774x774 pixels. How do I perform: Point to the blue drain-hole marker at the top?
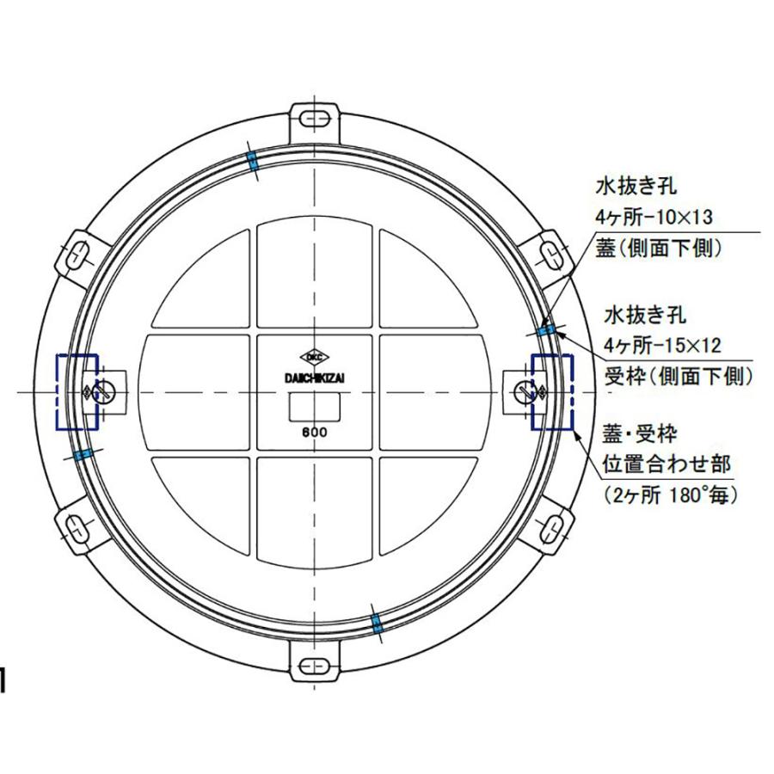pos(253,161)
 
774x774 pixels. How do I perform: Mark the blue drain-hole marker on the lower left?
pos(83,454)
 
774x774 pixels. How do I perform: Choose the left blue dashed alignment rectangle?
pos(77,391)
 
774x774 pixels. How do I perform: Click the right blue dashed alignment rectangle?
pos(552,391)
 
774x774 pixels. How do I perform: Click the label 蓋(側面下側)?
pos(658,249)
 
